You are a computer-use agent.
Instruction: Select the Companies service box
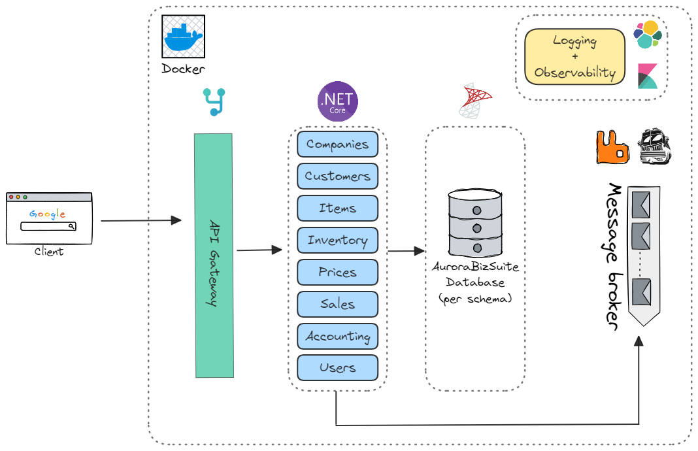click(x=337, y=144)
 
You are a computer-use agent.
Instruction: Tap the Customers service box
click(x=337, y=176)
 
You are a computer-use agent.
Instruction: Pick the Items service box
click(x=337, y=209)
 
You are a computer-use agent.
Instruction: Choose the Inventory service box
click(x=337, y=241)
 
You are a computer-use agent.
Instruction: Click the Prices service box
click(x=337, y=273)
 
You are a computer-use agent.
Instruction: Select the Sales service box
click(x=337, y=305)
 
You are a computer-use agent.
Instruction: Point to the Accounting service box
click(x=337, y=337)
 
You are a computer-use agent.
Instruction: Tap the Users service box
click(x=337, y=368)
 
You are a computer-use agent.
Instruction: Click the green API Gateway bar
click(x=214, y=255)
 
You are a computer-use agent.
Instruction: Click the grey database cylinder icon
click(x=476, y=223)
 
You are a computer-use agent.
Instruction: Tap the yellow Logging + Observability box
click(x=574, y=57)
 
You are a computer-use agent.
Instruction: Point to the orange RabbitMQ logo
click(x=612, y=147)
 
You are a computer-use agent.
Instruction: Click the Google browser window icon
click(x=49, y=218)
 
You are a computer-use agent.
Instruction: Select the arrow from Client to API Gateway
click(x=141, y=221)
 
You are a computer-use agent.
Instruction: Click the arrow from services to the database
click(x=406, y=251)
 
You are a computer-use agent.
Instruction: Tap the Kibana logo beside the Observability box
click(x=648, y=76)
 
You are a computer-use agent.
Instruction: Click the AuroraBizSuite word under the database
click(x=475, y=268)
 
